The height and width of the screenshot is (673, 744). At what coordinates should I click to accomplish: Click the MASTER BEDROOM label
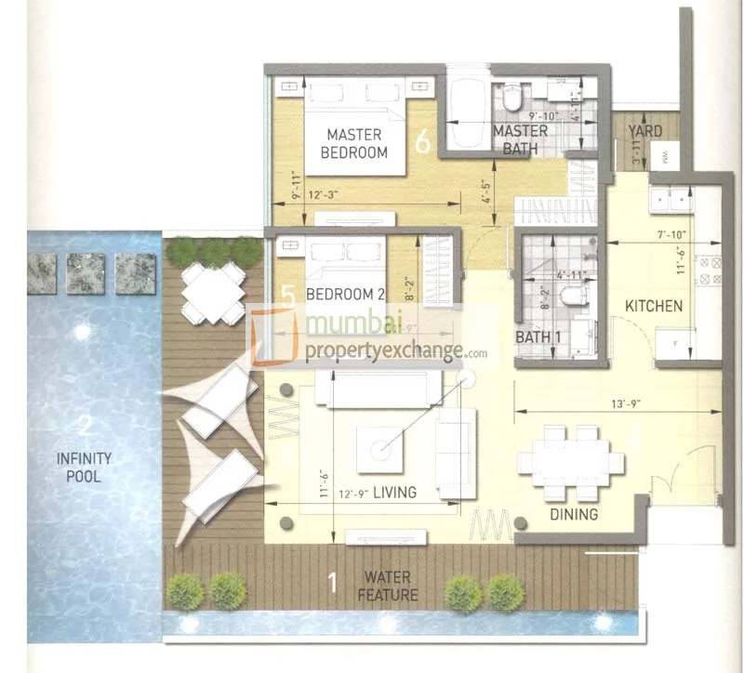(354, 143)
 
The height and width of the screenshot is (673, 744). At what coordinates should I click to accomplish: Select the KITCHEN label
(653, 306)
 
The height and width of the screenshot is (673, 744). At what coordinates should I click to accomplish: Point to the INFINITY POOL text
(84, 468)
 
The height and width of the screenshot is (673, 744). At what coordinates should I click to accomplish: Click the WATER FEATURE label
(392, 587)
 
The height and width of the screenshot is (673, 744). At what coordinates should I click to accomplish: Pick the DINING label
(573, 513)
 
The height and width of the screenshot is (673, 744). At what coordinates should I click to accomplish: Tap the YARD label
(645, 131)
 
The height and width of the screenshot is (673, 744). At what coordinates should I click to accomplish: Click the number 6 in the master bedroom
(423, 143)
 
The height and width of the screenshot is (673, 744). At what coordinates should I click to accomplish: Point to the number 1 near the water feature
(332, 584)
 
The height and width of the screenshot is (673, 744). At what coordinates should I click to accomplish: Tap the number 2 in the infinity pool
(84, 428)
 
